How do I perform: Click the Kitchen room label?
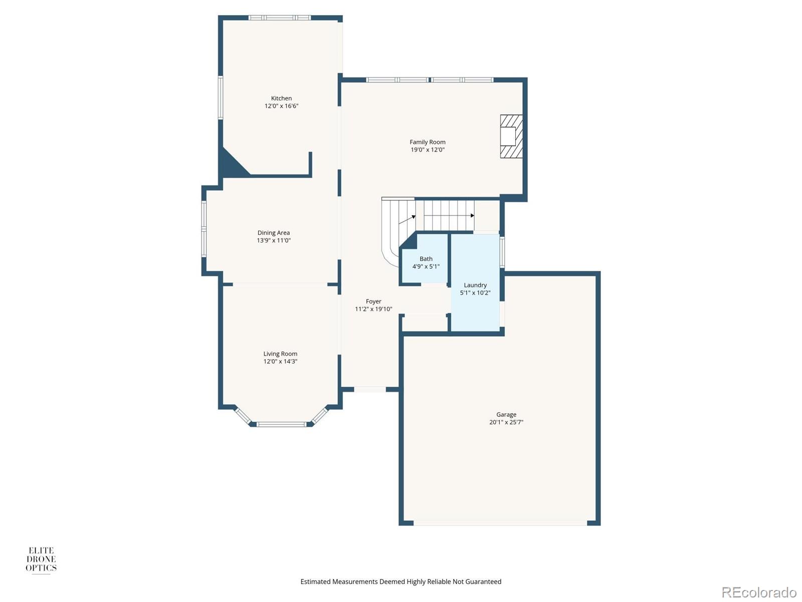281,98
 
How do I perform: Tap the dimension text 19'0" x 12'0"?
428,150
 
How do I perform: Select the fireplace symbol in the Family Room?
511,136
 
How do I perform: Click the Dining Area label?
274,233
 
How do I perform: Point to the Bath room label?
426,259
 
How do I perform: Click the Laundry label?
475,285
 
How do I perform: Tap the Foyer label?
373,302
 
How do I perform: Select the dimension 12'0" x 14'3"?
280,362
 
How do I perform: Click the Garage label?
506,414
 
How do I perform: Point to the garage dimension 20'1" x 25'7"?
506,422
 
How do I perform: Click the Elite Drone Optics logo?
41,560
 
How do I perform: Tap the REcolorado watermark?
759,592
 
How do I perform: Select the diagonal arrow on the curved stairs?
407,220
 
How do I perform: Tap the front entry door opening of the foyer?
370,389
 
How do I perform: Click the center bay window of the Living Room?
281,424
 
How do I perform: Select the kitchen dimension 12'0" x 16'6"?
281,106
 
